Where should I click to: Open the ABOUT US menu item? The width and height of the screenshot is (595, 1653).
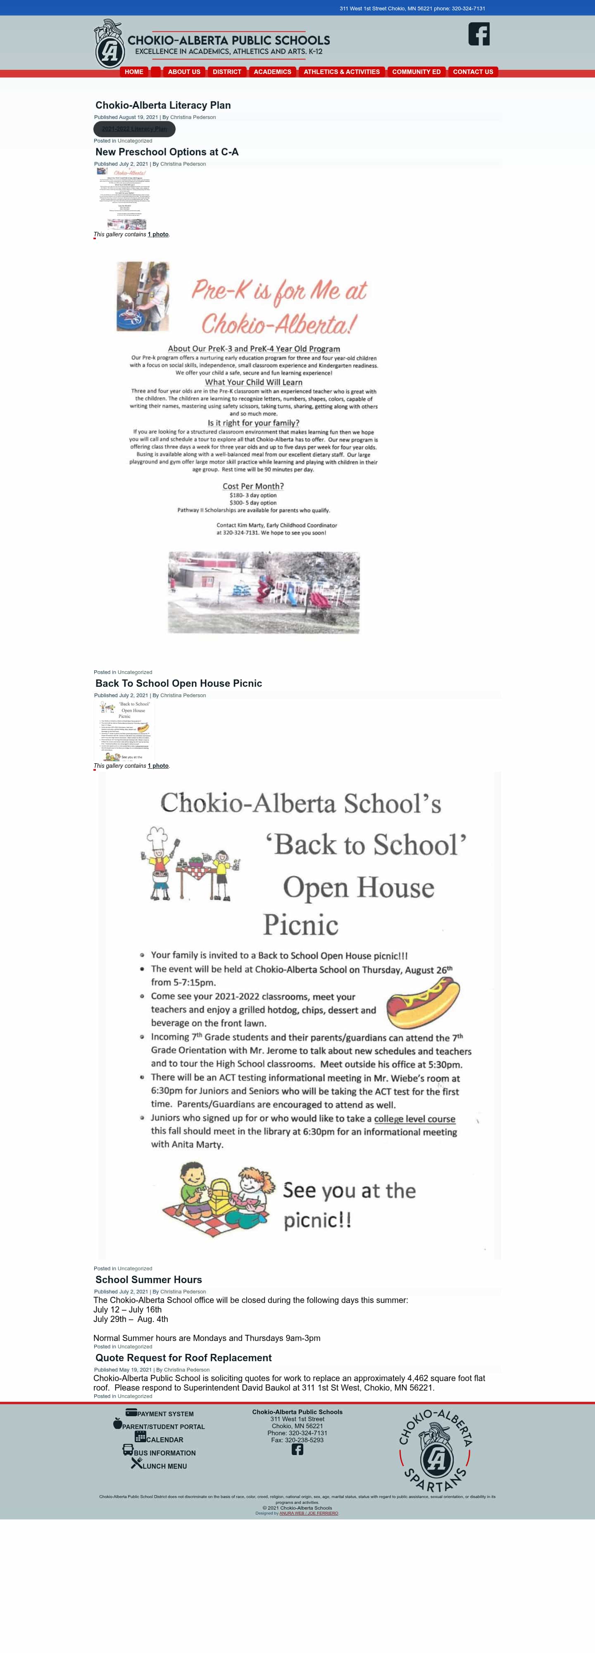[184, 72]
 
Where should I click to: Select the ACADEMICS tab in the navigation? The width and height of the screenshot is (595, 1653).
[272, 72]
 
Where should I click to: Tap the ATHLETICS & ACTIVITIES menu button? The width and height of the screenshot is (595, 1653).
[341, 72]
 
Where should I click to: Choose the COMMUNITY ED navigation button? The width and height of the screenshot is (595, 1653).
[416, 72]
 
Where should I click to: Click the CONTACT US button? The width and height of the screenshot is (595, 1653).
[473, 72]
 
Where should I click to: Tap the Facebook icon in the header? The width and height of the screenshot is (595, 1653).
[479, 34]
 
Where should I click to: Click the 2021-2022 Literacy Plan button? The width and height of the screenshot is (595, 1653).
[134, 129]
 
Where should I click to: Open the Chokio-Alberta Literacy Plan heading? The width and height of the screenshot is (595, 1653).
[163, 105]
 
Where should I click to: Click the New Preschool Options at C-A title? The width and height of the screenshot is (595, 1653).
[167, 152]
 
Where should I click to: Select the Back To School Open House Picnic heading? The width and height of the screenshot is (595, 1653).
[178, 684]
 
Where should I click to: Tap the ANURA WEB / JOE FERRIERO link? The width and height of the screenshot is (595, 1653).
[309, 1513]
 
